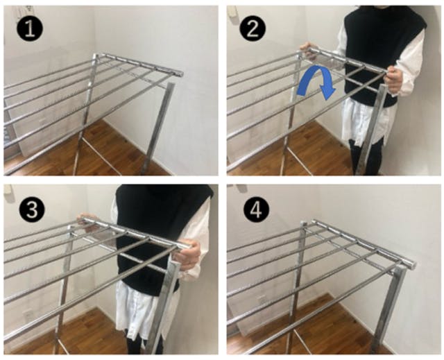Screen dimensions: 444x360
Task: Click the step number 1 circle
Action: pyautogui.click(x=30, y=29)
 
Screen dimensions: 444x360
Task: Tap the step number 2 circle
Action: pyautogui.click(x=253, y=29)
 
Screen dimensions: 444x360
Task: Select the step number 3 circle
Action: pyautogui.click(x=32, y=210)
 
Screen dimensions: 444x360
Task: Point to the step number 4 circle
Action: pyautogui.click(x=257, y=210)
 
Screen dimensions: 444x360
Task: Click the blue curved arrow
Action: pyautogui.click(x=314, y=73)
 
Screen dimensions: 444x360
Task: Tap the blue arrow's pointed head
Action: pyautogui.click(x=327, y=92)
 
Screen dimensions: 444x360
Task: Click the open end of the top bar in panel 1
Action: pyautogui.click(x=179, y=74)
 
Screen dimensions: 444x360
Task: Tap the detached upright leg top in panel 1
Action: pyautogui.click(x=171, y=85)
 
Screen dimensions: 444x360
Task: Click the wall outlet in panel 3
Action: pyautogui.click(x=28, y=314)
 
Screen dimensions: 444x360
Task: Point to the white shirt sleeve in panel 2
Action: pyautogui.click(x=409, y=61)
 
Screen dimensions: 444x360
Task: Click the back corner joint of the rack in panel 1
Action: pyautogui.click(x=96, y=57)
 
